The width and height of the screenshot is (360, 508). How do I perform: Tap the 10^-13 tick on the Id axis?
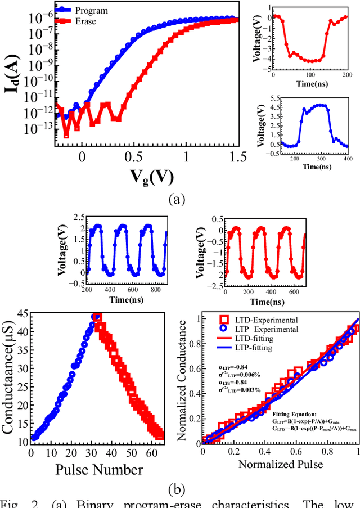click(x=38, y=128)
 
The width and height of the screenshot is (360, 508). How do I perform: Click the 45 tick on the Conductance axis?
click(x=22, y=314)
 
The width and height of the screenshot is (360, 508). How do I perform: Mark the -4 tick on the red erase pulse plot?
click(x=268, y=58)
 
